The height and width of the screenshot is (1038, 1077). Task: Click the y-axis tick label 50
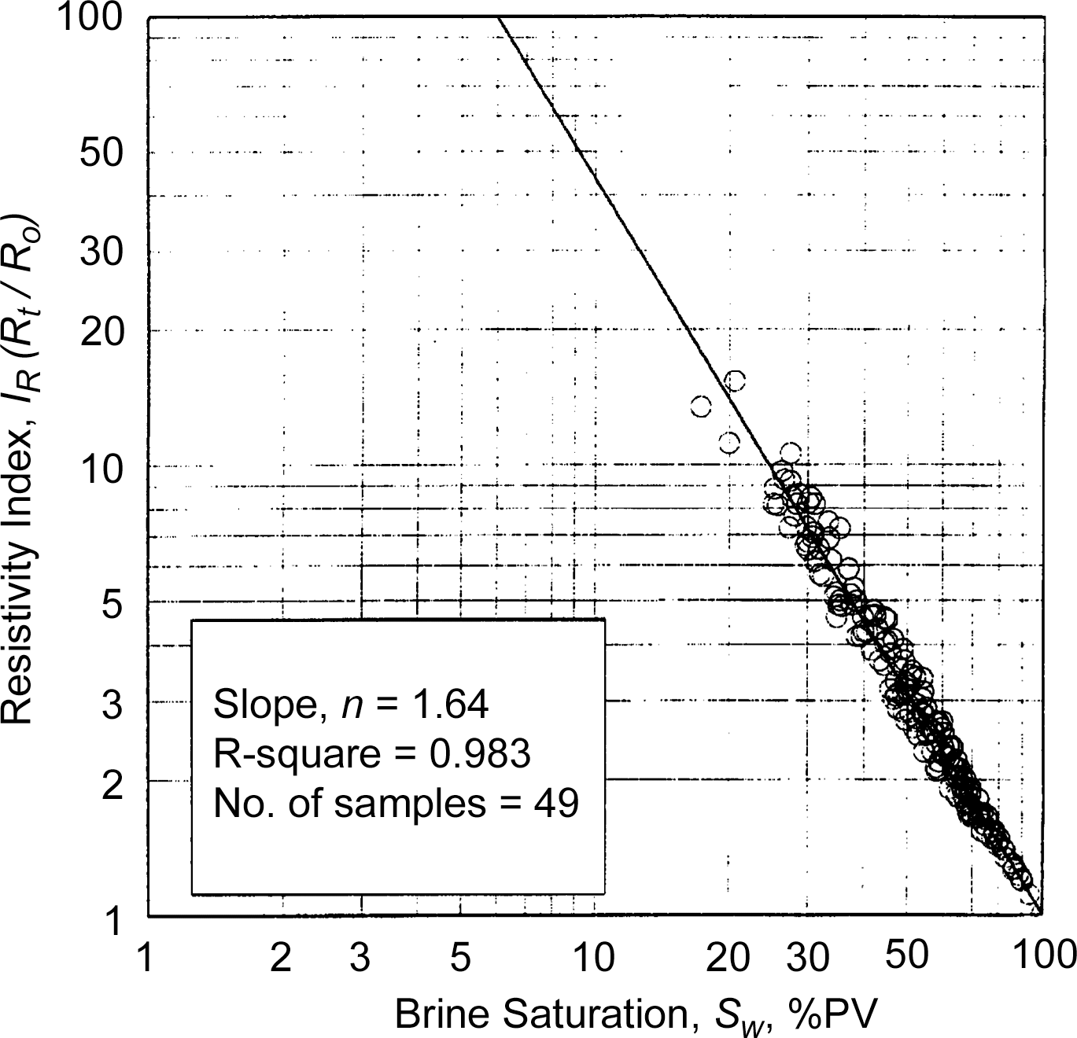click(x=102, y=153)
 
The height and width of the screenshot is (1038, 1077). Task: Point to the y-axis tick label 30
click(x=102, y=252)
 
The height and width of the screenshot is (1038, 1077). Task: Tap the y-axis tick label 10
click(x=102, y=469)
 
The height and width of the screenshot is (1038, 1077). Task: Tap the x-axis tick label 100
click(x=1043, y=955)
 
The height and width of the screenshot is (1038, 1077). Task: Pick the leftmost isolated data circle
click(x=701, y=407)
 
